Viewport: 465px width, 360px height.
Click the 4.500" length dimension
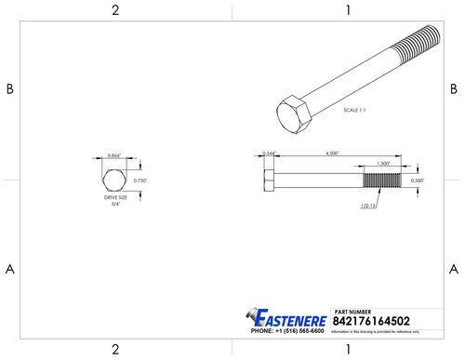(330, 153)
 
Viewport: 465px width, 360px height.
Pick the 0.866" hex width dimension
(116, 154)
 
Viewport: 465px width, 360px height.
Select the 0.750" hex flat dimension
(140, 180)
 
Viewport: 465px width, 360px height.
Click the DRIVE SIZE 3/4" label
(116, 201)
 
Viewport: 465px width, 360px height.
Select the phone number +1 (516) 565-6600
(287, 331)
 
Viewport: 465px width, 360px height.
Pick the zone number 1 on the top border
(347, 10)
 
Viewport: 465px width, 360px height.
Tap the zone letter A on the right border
(455, 269)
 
